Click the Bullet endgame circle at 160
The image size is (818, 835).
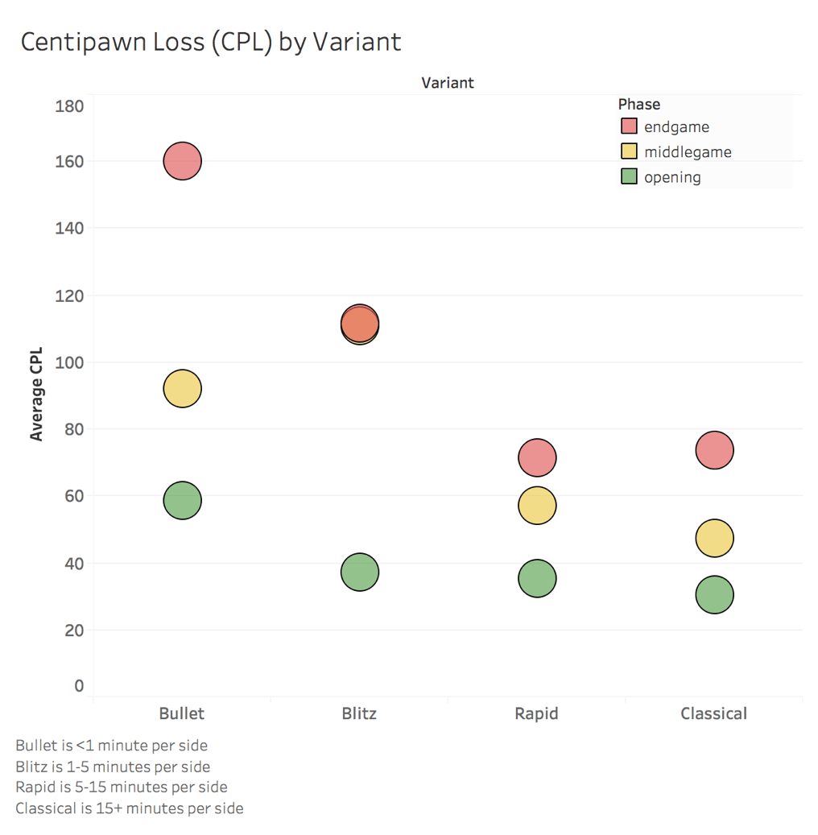[x=182, y=161]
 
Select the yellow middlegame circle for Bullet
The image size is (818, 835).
[x=182, y=389]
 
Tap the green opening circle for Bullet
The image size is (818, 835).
[x=182, y=500]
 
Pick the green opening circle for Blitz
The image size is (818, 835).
[x=359, y=573]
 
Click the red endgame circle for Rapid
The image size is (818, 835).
[x=537, y=458]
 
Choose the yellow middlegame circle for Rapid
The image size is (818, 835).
[x=537, y=506]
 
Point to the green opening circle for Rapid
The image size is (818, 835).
[x=537, y=578]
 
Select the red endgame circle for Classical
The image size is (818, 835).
[x=714, y=450]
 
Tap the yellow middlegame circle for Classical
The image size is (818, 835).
[x=714, y=538]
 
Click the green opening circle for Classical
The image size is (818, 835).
[x=714, y=595]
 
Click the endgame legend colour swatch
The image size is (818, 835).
[x=630, y=126]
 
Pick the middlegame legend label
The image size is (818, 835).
[x=688, y=152]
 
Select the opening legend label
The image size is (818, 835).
[x=672, y=177]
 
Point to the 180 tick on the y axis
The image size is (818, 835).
[x=69, y=106]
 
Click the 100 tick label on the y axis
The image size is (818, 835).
[x=69, y=362]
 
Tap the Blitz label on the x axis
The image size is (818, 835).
[x=359, y=713]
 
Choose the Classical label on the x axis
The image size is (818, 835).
[x=714, y=713]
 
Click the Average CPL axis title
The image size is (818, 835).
[x=36, y=395]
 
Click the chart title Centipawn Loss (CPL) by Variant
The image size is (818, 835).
[x=211, y=42]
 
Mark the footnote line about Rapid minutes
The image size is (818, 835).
[x=122, y=787]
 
